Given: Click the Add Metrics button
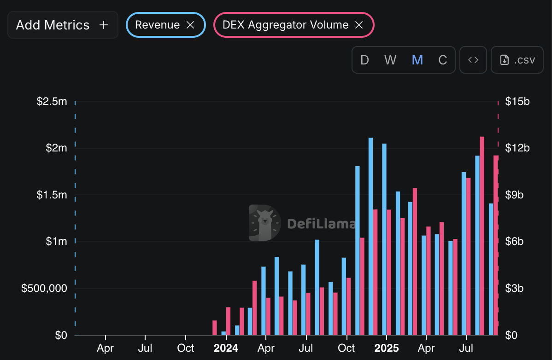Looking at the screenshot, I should click(x=62, y=25).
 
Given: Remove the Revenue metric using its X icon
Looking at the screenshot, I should click(x=190, y=25).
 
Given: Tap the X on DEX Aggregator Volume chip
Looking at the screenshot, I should click(x=359, y=25).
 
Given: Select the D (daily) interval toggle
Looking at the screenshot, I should click(x=364, y=60).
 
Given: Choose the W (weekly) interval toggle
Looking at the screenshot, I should click(x=390, y=60).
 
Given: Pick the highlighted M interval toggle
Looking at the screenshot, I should click(x=417, y=60).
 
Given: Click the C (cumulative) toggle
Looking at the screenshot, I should click(x=443, y=60).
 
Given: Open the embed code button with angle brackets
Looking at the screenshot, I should click(x=473, y=60).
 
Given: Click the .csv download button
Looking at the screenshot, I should click(x=518, y=60).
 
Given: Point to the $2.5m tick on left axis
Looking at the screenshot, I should click(x=52, y=101).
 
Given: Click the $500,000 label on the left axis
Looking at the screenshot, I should click(x=44, y=289).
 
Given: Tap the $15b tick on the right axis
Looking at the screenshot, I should click(x=517, y=101).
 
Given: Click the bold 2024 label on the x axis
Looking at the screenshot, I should click(x=226, y=348).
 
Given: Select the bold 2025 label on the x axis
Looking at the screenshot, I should click(x=387, y=348).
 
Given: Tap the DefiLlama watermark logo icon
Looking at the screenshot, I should click(x=264, y=223).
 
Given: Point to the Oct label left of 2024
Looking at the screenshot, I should click(x=185, y=348).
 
